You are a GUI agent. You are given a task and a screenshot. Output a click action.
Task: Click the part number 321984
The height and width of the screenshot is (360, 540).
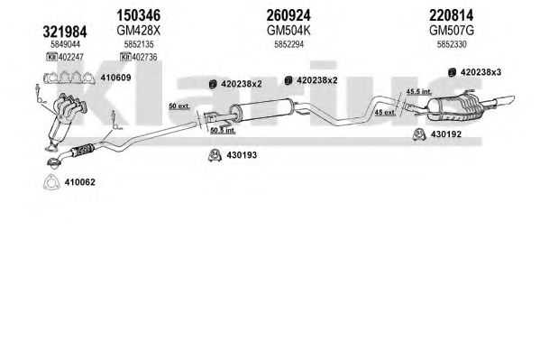[x=65, y=32]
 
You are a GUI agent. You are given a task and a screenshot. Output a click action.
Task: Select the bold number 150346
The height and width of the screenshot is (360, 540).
[x=139, y=15]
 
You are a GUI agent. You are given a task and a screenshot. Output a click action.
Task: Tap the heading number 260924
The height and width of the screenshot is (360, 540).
[x=288, y=15]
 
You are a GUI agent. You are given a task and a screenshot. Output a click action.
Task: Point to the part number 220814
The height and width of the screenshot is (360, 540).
[x=451, y=15]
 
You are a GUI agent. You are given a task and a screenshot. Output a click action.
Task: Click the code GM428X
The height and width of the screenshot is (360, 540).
[x=139, y=31]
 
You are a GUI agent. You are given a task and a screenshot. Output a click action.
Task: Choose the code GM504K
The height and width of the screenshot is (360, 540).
[x=288, y=31]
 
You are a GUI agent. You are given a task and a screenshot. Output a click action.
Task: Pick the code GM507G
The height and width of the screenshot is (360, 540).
[x=451, y=31]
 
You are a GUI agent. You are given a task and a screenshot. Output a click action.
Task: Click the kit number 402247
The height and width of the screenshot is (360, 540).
[x=71, y=57]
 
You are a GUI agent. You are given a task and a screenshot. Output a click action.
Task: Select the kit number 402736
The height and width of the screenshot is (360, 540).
[x=144, y=57]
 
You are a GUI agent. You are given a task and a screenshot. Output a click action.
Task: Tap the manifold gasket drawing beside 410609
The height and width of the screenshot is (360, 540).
[x=69, y=78]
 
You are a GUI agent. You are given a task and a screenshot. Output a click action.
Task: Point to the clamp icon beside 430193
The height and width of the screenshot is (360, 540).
[x=215, y=155]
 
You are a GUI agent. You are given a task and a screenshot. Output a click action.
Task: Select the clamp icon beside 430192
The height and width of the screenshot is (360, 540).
[x=419, y=134]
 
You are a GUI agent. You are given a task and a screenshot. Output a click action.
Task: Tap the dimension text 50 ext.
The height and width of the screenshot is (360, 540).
[x=179, y=106]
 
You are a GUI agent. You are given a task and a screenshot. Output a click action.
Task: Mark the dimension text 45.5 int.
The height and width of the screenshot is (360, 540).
[x=419, y=92]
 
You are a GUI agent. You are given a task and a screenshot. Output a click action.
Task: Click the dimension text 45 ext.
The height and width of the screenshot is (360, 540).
[x=385, y=112]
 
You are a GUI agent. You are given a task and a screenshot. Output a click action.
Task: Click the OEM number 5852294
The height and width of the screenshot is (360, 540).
[x=288, y=44]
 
